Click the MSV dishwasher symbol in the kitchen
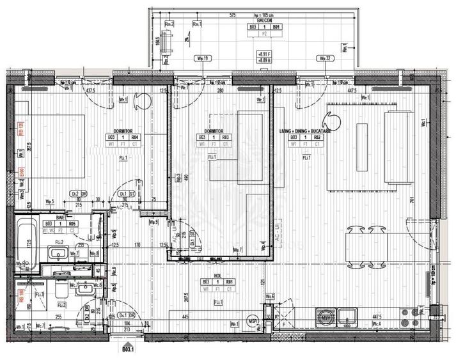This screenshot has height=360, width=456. [x=327, y=315]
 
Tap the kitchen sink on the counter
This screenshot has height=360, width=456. [x=349, y=315]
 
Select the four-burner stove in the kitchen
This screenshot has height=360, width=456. [x=406, y=315]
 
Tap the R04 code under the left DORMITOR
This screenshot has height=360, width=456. [x=135, y=137]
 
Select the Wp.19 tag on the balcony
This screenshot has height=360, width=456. [x=203, y=58]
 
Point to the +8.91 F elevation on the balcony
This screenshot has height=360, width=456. [x=263, y=54]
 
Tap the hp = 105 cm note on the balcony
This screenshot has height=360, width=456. [x=263, y=14]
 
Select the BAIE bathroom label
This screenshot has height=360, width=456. [x=59, y=217]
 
